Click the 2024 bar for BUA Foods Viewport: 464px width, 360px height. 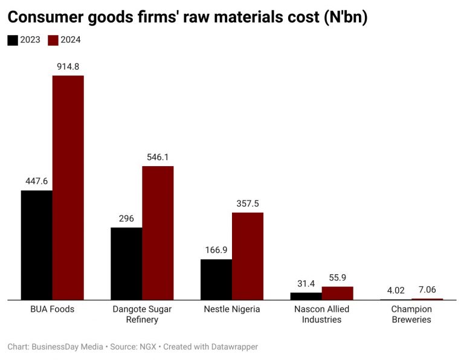68,187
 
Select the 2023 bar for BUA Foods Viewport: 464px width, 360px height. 36,245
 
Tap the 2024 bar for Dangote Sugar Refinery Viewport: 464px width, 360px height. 158,233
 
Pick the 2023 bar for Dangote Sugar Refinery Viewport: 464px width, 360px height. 126,263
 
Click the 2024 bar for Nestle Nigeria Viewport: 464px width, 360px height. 248,256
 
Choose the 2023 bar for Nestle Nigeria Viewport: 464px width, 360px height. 216,279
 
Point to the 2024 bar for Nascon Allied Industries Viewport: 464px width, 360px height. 337,293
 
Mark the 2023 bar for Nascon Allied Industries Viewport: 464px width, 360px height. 306,296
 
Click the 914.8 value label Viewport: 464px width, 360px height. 68,66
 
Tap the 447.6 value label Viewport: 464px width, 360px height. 36,181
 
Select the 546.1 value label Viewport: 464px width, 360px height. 158,157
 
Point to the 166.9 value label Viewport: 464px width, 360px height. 216,250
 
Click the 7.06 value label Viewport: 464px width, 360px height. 427,289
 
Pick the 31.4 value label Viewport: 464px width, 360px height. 306,283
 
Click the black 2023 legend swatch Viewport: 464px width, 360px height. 13,40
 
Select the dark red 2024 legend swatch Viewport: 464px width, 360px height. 53,40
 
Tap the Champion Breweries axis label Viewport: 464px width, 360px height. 411,314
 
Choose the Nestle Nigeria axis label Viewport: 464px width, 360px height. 232,309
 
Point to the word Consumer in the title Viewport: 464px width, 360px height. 47,18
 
